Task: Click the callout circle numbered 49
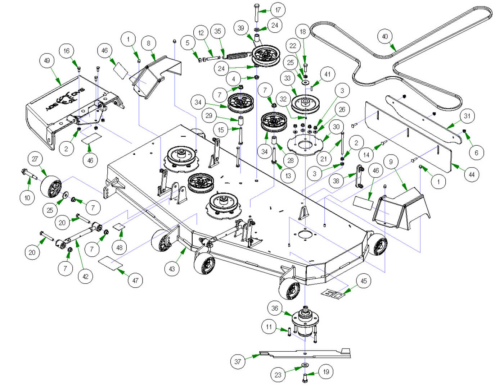(47, 60)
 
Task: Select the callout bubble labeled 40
(385, 36)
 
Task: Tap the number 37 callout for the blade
(238, 361)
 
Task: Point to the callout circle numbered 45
(364, 281)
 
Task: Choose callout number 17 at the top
(278, 10)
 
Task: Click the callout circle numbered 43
(172, 269)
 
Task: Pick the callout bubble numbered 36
(275, 308)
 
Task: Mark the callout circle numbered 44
(472, 175)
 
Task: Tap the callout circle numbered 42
(85, 277)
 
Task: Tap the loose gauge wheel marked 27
(50, 186)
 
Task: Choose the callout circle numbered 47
(135, 280)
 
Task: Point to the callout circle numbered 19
(326, 372)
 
